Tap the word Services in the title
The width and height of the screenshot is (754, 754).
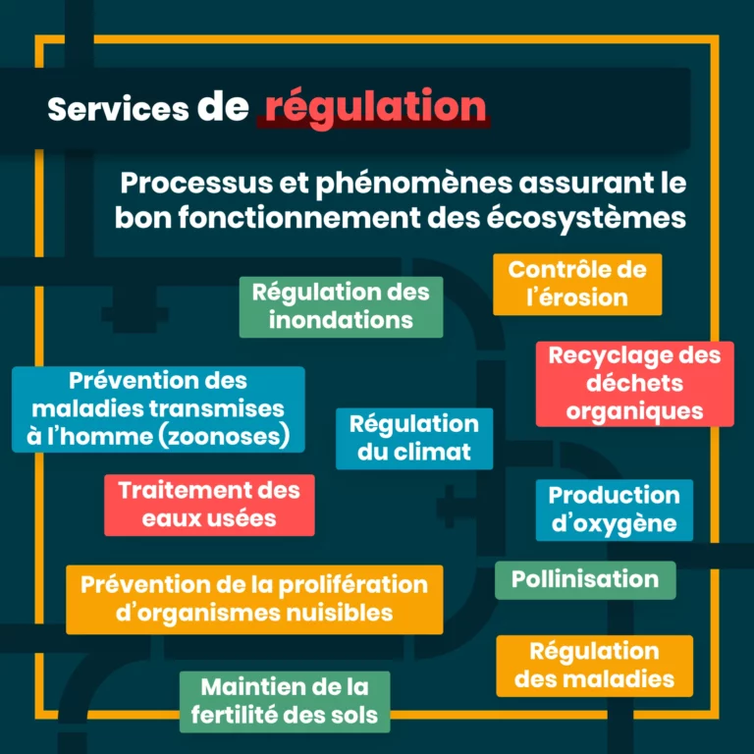tap(118, 108)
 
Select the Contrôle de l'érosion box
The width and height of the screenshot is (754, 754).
tap(577, 284)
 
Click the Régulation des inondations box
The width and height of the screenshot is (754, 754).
tap(341, 306)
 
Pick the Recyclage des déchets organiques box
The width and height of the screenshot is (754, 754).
tap(634, 383)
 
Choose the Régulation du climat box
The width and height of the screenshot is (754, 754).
tap(414, 438)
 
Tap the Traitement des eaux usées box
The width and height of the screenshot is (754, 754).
tap(209, 504)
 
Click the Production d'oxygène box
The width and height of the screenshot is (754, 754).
tap(614, 509)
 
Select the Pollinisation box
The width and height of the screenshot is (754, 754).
tap(585, 579)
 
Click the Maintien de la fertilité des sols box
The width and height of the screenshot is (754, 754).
tap(285, 701)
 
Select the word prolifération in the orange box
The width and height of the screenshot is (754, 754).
tap(351, 585)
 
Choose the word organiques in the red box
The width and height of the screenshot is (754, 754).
tap(635, 410)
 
